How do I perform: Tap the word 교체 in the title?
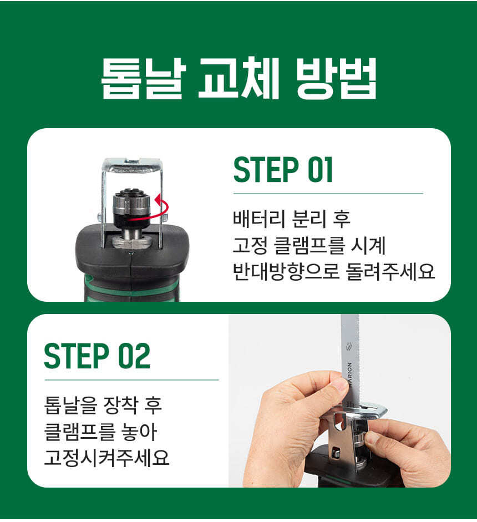point(238,79)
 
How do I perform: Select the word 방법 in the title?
point(336,79)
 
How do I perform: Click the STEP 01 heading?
point(283,170)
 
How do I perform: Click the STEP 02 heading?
point(97,356)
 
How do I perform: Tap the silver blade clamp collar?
point(131,203)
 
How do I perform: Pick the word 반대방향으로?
point(286,272)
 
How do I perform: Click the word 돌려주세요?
point(390,272)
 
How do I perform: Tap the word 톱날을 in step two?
point(70,405)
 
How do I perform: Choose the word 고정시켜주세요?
point(107,458)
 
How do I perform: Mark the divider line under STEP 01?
point(328,193)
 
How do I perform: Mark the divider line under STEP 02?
point(132,379)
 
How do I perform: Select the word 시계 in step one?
point(368,245)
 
